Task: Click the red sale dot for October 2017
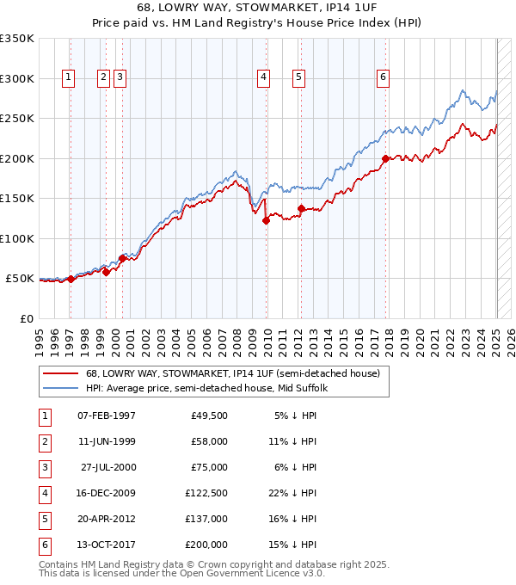click(386, 158)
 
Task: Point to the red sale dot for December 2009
click(267, 220)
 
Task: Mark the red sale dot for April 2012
click(302, 208)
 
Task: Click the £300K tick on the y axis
click(17, 78)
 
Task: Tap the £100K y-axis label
click(17, 238)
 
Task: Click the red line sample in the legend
click(60, 373)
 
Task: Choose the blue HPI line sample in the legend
click(60, 388)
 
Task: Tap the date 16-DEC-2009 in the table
click(107, 493)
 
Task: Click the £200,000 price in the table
click(208, 545)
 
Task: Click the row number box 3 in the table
click(44, 467)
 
